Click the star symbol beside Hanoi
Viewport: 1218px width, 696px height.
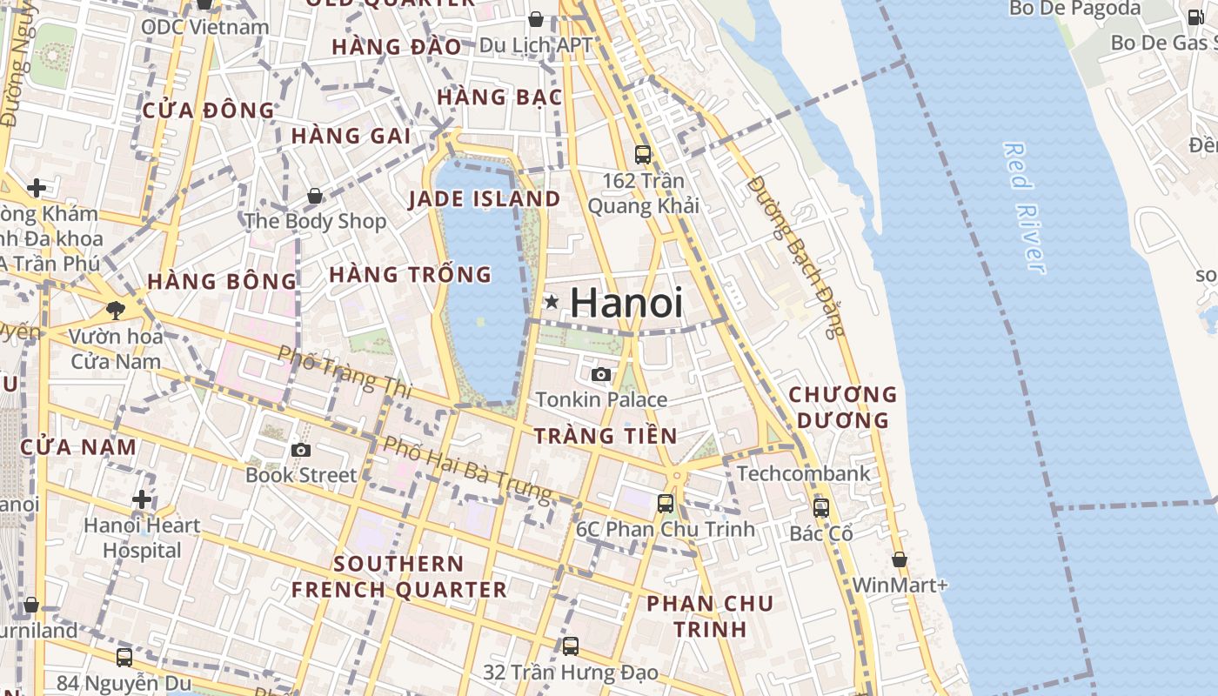[551, 302]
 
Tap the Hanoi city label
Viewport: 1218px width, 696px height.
[626, 303]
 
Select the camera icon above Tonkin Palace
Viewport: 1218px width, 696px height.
[600, 375]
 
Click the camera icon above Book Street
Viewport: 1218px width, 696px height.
[301, 450]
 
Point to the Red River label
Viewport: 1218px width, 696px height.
[1023, 209]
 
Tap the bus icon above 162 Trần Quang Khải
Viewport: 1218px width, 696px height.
[643, 155]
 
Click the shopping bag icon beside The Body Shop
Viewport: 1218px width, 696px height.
[314, 197]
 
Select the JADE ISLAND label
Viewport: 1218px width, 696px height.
[485, 199]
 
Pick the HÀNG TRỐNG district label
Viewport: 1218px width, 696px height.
[411, 275]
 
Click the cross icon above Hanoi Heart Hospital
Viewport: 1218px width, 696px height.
[142, 499]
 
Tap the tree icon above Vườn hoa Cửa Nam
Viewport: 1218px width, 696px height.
[115, 310]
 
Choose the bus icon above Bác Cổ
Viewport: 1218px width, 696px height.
[820, 507]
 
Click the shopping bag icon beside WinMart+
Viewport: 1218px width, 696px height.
[899, 559]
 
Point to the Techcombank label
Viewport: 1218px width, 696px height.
[803, 473]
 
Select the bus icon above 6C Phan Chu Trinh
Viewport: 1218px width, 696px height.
[666, 503]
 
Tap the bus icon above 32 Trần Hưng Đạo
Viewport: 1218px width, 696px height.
[571, 646]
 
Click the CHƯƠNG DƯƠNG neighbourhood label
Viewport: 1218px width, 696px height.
[842, 407]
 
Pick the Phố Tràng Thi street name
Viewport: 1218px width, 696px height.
[345, 371]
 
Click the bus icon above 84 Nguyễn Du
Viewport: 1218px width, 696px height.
[124, 658]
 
